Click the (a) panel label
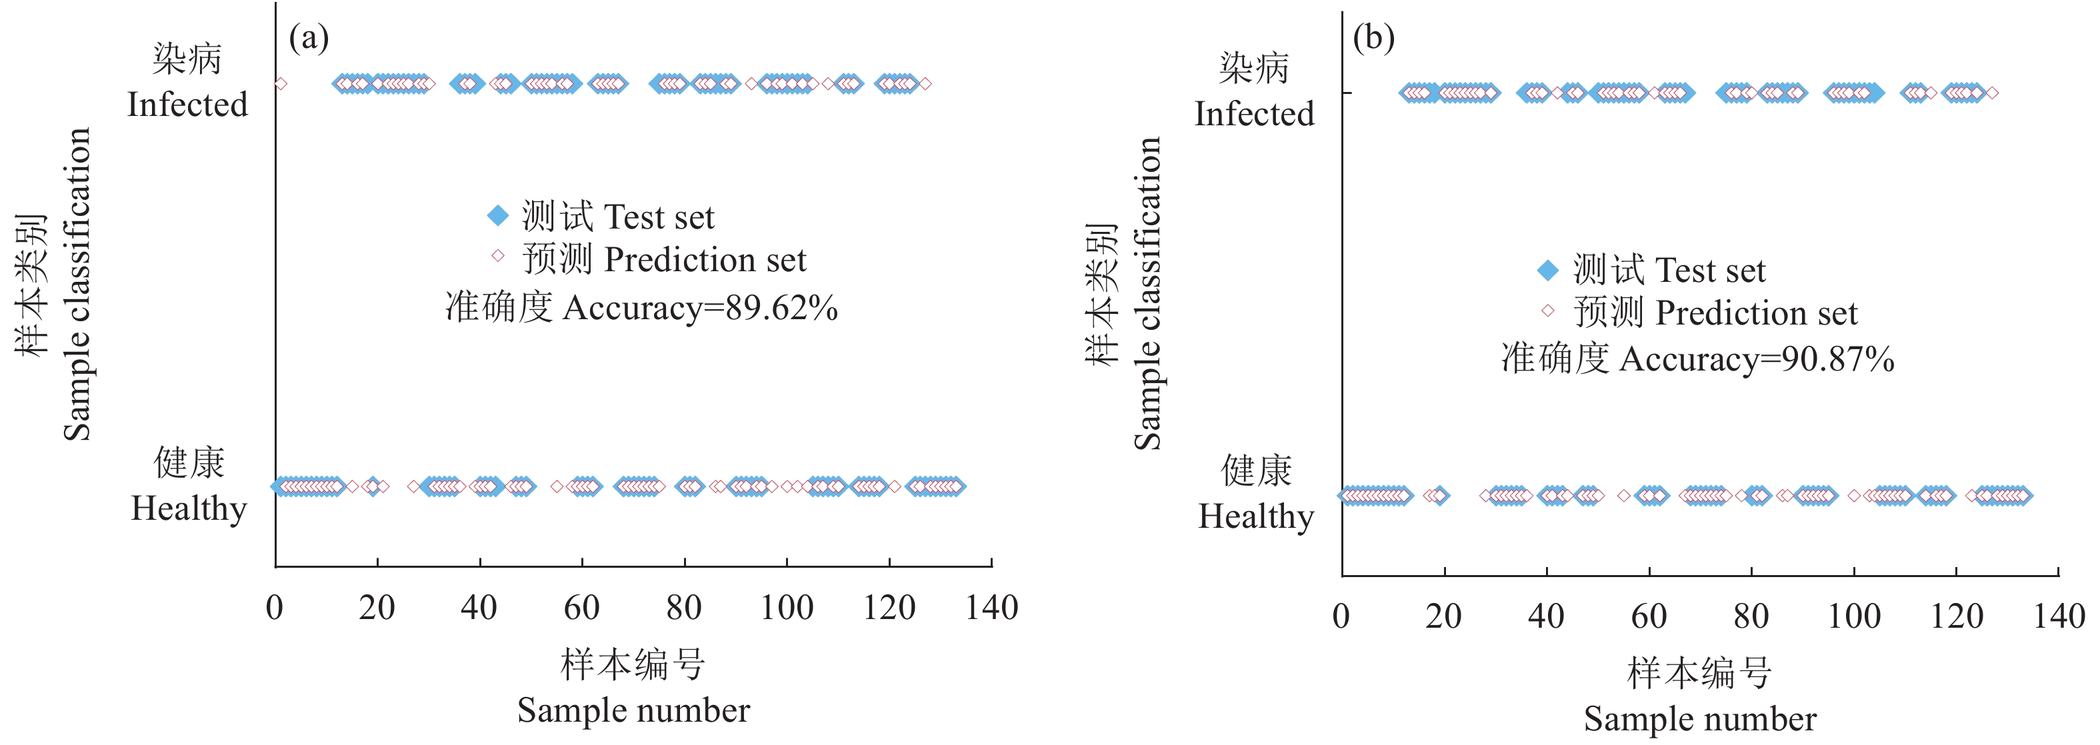[309, 37]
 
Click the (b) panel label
[1373, 37]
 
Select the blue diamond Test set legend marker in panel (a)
[497, 216]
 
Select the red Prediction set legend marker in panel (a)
[497, 256]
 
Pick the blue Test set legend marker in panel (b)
[1547, 270]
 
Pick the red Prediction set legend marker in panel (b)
[1547, 310]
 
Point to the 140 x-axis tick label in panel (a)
[991, 608]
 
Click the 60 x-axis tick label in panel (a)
[581, 608]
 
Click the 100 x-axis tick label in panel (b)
[1854, 616]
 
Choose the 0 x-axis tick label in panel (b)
[1341, 616]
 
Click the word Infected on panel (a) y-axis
[187, 105]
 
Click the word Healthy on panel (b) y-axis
[1255, 517]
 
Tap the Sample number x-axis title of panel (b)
[1700, 719]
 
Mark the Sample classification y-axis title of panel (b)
[1148, 293]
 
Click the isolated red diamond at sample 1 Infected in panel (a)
[281, 83]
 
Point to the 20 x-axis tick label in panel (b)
[1444, 616]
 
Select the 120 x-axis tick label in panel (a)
[889, 608]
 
